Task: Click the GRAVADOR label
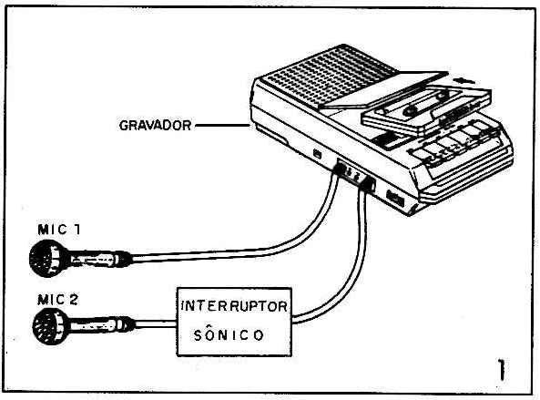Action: [x=155, y=126]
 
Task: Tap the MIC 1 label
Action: [x=59, y=230]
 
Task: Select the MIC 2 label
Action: [x=58, y=300]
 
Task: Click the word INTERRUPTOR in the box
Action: [x=234, y=306]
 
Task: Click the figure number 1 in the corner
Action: [x=502, y=370]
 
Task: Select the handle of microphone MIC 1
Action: [x=100, y=259]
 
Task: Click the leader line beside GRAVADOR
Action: [x=222, y=126]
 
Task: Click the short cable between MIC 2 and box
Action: [x=156, y=323]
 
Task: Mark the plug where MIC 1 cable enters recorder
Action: [x=340, y=169]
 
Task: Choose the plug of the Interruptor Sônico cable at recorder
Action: [x=368, y=184]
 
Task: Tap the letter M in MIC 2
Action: [x=43, y=300]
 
